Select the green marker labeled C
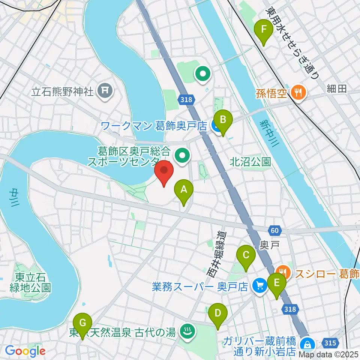point(246,256)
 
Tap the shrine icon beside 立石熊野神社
point(105,91)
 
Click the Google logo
point(25,351)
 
